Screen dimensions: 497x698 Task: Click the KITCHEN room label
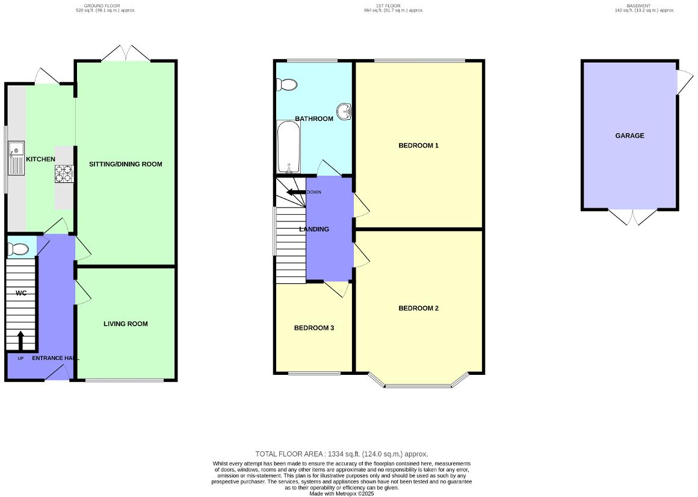[40, 159]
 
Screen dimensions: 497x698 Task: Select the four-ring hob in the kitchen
[64, 173]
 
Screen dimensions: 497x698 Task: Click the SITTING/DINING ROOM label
[126, 164]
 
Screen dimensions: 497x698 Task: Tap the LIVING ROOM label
[125, 324]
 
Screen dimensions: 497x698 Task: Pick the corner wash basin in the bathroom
[345, 111]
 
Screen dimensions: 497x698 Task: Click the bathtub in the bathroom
[289, 147]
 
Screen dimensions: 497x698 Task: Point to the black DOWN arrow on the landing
[295, 193]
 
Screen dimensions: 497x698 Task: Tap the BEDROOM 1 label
[419, 146]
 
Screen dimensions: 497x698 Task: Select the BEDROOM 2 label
[419, 309]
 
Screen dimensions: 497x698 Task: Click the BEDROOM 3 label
[313, 329]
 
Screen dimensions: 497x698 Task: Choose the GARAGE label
[629, 136]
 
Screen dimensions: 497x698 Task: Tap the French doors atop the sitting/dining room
[125, 54]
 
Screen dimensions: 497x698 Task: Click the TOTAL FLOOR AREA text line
[341, 454]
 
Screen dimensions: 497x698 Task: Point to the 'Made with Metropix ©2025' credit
[341, 493]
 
